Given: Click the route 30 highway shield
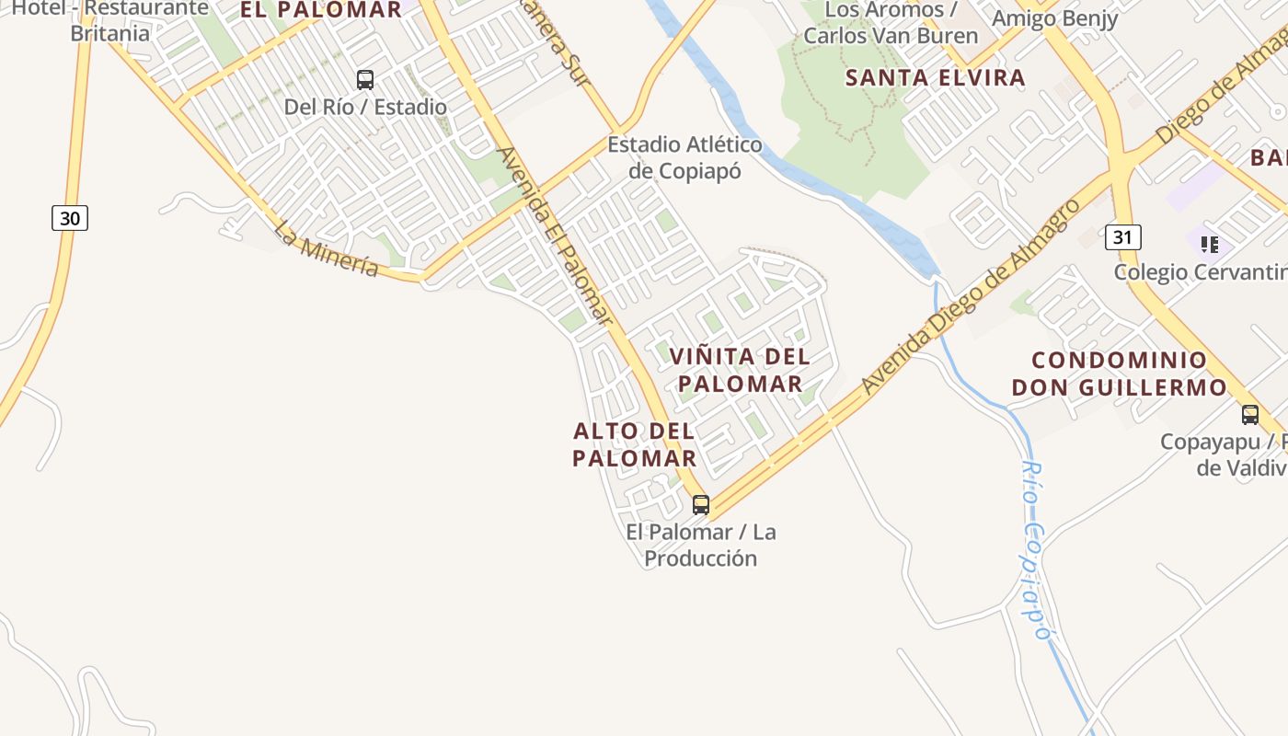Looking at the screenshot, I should pyautogui.click(x=70, y=218).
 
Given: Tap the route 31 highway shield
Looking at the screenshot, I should pyautogui.click(x=1122, y=237).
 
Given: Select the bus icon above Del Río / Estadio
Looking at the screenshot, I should pyautogui.click(x=365, y=80).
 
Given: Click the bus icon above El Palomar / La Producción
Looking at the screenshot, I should pyautogui.click(x=701, y=504).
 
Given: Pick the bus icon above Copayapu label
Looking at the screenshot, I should pyautogui.click(x=1249, y=415).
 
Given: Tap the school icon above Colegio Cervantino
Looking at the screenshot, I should pyautogui.click(x=1210, y=245).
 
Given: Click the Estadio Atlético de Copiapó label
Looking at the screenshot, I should pyautogui.click(x=684, y=157).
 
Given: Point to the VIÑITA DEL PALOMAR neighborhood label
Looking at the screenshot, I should pyautogui.click(x=740, y=370).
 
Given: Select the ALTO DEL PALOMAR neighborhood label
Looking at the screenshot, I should pyautogui.click(x=634, y=444).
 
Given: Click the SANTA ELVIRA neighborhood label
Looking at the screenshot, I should pyautogui.click(x=935, y=77).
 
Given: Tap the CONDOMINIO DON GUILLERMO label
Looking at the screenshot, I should pyautogui.click(x=1120, y=374).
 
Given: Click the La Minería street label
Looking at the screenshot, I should pyautogui.click(x=326, y=247).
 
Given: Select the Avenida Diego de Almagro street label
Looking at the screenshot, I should pyautogui.click(x=971, y=296).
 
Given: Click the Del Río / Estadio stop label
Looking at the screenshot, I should pyautogui.click(x=365, y=107).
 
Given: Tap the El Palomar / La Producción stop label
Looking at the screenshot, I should pyautogui.click(x=700, y=545).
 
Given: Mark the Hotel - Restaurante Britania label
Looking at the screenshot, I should pyautogui.click(x=110, y=21).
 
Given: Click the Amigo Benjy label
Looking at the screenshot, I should pyautogui.click(x=1054, y=18).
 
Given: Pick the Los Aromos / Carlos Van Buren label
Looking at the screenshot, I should pyautogui.click(x=891, y=23).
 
